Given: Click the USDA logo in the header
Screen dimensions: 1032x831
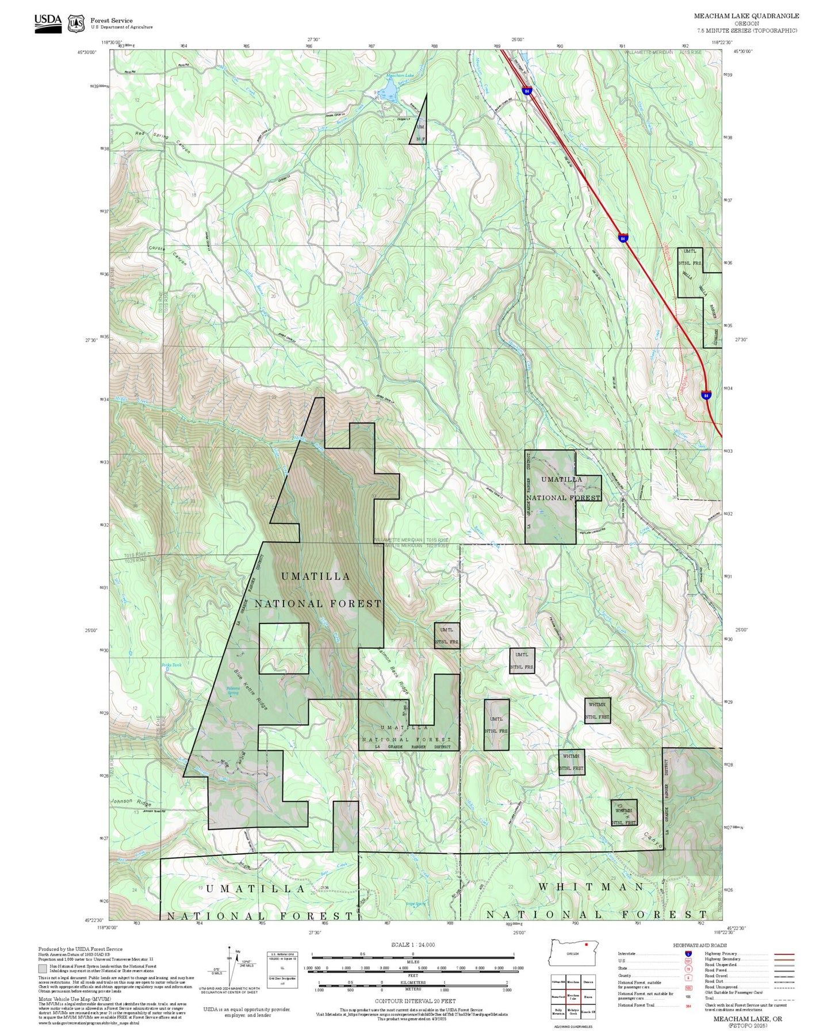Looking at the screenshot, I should coord(48,23).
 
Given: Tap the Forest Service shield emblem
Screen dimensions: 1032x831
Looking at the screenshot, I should coord(76,24).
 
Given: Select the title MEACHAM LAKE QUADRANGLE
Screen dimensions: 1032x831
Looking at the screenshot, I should coord(746,16).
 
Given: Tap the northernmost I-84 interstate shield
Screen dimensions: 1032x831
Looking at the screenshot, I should coord(526,91).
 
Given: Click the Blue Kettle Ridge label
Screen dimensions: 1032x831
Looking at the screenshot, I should coord(251,689).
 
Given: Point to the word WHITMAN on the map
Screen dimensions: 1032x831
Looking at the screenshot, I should coord(591,887).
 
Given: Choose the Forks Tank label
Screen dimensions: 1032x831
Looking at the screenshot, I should coord(171,665).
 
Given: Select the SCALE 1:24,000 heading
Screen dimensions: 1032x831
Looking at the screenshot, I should coord(413,945).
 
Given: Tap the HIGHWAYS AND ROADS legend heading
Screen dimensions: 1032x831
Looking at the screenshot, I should coord(700,945).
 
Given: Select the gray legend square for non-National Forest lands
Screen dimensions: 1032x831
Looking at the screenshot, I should coord(43,969).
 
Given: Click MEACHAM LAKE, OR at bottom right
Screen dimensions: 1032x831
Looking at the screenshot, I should coord(748,1019).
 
